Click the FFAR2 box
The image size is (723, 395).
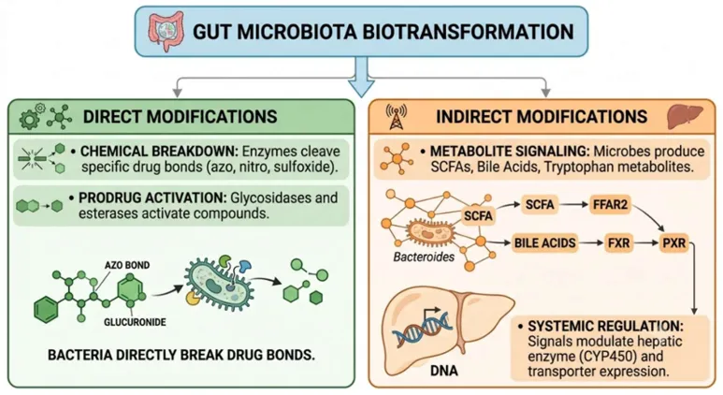pos(610,204)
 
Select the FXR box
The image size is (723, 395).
pos(618,242)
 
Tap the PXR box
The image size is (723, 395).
pos(673,242)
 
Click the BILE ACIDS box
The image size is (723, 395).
pos(545,242)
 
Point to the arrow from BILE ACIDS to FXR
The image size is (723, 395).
pos(591,242)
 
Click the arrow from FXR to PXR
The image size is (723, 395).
pos(646,242)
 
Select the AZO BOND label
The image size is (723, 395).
pos(127,265)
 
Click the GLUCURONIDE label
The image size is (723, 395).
pos(135,322)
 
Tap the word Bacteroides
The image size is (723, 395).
pos(424,257)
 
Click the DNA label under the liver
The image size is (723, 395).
pos(444,370)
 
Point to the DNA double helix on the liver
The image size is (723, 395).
pos(421,329)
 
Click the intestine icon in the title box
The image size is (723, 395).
pos(165,31)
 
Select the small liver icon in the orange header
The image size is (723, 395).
pos(685,116)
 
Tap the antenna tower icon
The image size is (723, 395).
pos(397,117)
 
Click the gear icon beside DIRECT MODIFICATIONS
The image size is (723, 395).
pos(31,118)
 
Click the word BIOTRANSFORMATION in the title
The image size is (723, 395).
pos(468,32)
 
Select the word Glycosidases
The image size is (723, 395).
pos(268,197)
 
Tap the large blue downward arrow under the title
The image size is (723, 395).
pos(361,77)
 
